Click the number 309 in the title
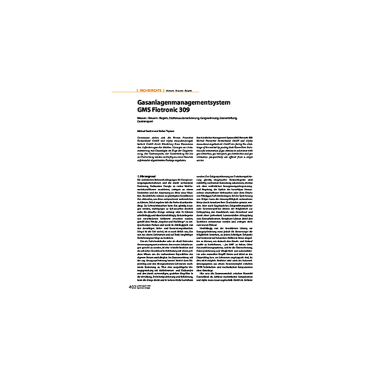tap(191, 110)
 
